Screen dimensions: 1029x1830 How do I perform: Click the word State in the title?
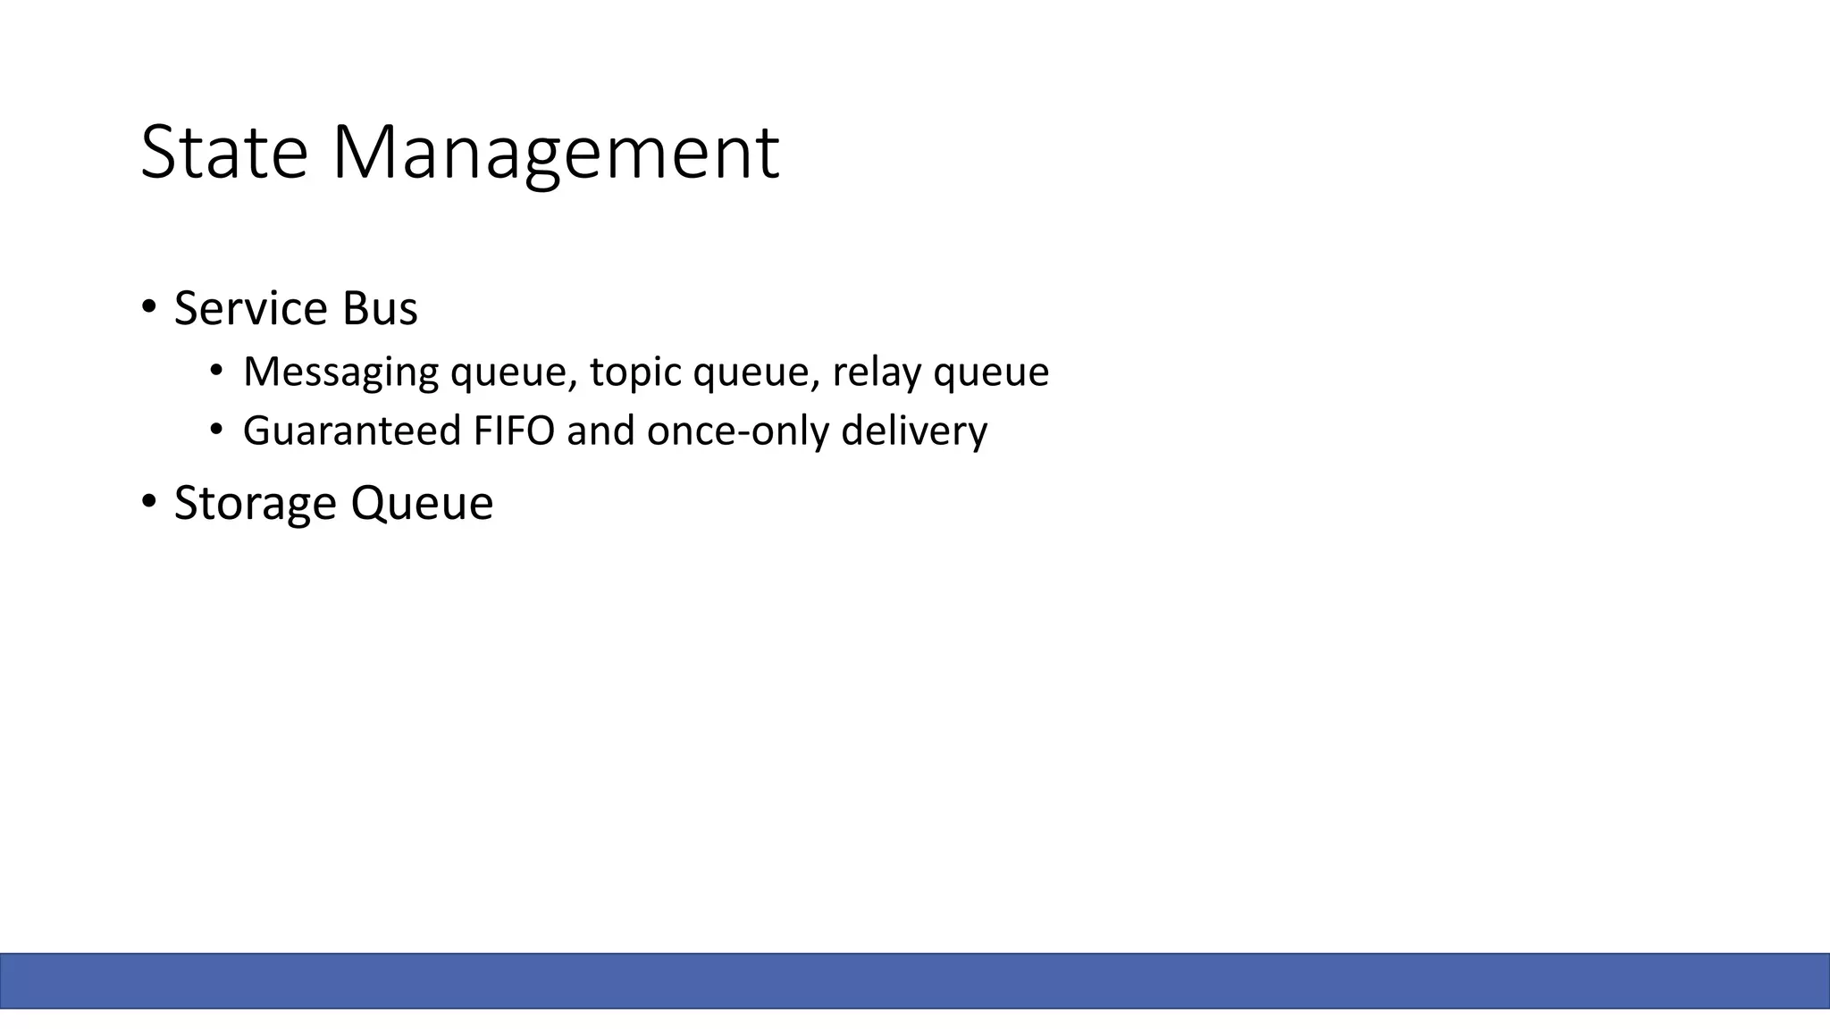(x=224, y=153)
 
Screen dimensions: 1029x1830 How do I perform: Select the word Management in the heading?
(x=556, y=153)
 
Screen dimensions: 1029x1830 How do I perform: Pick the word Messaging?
(x=340, y=372)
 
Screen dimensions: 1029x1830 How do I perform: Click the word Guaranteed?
(x=351, y=431)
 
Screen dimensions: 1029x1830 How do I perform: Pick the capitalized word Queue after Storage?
(x=422, y=503)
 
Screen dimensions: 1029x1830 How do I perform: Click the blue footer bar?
(x=915, y=981)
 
